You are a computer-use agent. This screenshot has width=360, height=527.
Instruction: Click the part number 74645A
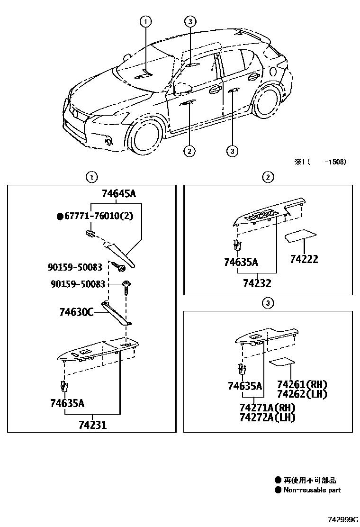[x=119, y=193]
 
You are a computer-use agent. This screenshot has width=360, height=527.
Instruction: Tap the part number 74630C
[x=77, y=312]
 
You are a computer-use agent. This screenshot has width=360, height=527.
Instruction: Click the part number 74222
[x=304, y=259]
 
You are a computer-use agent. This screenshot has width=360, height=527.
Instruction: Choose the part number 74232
[x=257, y=283]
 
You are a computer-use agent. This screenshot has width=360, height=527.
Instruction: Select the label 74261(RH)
[x=302, y=384]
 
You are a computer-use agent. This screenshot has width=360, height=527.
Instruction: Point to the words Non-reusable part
[x=312, y=490]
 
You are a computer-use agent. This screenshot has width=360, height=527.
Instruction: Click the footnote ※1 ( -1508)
[x=320, y=162]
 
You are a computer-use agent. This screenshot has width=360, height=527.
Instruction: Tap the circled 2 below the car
[x=189, y=151]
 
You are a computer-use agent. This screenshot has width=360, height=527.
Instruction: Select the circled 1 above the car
[x=146, y=21]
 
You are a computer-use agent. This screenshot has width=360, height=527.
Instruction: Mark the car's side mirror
[x=182, y=88]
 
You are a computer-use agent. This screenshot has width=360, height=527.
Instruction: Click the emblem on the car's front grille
[x=75, y=114]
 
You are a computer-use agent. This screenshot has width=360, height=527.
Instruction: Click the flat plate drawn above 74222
[x=301, y=236]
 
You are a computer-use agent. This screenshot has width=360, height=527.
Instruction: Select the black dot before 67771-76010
[x=60, y=217]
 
